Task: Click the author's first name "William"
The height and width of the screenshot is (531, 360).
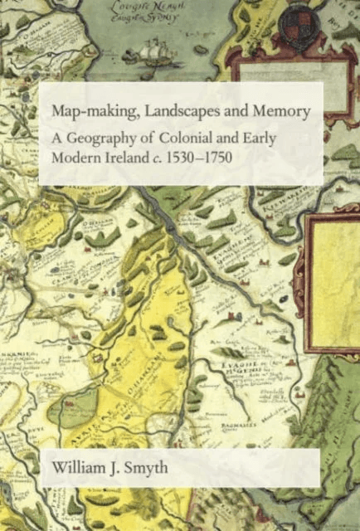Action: coord(77,470)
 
